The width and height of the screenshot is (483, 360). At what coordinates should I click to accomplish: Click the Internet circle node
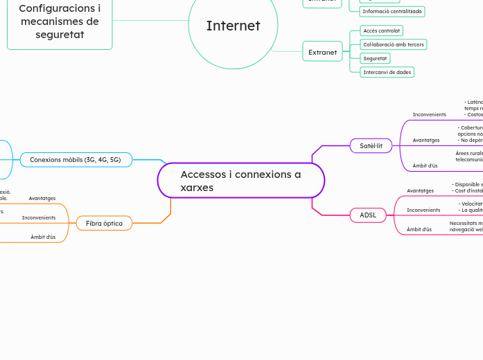[x=233, y=26]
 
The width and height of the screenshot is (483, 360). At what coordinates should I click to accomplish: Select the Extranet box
[x=322, y=52]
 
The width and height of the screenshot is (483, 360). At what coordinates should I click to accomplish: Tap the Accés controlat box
[x=381, y=31]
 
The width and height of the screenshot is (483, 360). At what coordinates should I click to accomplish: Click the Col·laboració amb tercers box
[x=394, y=44]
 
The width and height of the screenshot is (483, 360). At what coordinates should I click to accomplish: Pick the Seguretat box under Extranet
[x=375, y=58]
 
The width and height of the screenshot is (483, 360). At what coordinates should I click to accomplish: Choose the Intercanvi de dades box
[x=387, y=72]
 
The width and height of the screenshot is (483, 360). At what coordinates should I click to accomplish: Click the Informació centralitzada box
[x=392, y=11]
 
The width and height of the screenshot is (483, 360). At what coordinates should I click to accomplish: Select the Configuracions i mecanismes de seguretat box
[x=60, y=21]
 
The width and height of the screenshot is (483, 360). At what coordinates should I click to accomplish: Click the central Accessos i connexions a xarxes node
[x=240, y=181]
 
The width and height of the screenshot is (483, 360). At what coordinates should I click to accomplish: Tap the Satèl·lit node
[x=371, y=145]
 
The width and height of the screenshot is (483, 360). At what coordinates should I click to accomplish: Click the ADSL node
[x=368, y=215]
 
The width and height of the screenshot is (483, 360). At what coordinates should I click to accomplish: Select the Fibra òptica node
[x=104, y=223]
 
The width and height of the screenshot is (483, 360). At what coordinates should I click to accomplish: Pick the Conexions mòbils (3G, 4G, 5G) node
[x=75, y=160]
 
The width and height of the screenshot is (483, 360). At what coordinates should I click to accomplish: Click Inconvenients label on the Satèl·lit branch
[x=429, y=114]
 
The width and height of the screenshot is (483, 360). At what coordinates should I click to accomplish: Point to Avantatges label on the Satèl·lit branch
[x=426, y=140]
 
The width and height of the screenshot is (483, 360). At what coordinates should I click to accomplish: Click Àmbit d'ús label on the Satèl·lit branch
[x=425, y=165]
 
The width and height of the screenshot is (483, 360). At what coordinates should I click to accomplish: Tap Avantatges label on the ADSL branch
[x=420, y=190]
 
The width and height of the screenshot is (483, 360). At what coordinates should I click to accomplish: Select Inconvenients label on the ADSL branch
[x=423, y=210]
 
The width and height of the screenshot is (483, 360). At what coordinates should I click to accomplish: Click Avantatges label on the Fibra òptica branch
[x=42, y=198]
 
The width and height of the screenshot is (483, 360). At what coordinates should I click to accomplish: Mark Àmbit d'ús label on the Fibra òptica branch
[x=43, y=237]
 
